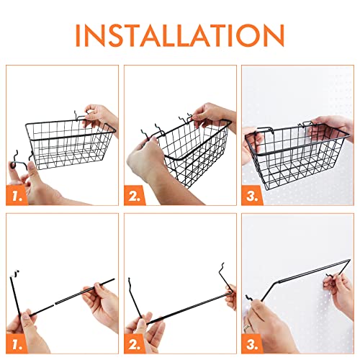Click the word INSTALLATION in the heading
180,34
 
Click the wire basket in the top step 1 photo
68,140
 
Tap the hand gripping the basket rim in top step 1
101,115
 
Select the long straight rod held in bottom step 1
65,288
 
